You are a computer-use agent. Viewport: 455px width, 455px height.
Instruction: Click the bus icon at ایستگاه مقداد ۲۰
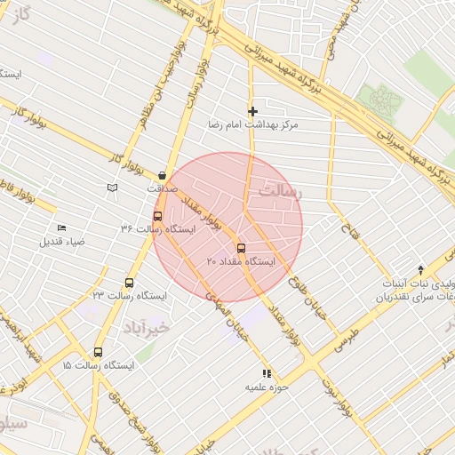pyautogui.click(x=241, y=247)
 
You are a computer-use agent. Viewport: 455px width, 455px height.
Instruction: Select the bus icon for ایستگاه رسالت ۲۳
pyautogui.click(x=130, y=282)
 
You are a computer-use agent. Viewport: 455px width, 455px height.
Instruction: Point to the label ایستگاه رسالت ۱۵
pyautogui.click(x=98, y=365)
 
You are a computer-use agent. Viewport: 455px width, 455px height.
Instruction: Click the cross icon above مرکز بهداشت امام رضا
pyautogui.click(x=253, y=112)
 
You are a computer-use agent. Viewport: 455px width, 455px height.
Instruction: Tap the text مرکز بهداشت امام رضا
pyautogui.click(x=253, y=125)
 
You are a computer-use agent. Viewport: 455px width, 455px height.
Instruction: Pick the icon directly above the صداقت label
pyautogui.click(x=162, y=175)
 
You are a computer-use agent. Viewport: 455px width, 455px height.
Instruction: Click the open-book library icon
pyautogui.click(x=112, y=188)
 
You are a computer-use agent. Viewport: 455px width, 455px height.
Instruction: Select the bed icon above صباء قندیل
pyautogui.click(x=61, y=227)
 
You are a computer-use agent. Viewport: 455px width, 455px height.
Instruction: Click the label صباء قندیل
pyautogui.click(x=62, y=241)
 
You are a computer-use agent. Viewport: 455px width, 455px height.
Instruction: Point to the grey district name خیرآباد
pyautogui.click(x=153, y=327)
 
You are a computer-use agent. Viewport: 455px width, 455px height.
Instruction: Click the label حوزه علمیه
pyautogui.click(x=267, y=388)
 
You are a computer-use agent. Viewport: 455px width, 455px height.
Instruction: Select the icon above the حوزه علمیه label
pyautogui.click(x=266, y=373)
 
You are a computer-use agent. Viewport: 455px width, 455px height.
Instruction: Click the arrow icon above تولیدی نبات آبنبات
pyautogui.click(x=421, y=269)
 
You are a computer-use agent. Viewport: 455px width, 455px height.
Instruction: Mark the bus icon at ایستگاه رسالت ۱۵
pyautogui.click(x=98, y=352)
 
